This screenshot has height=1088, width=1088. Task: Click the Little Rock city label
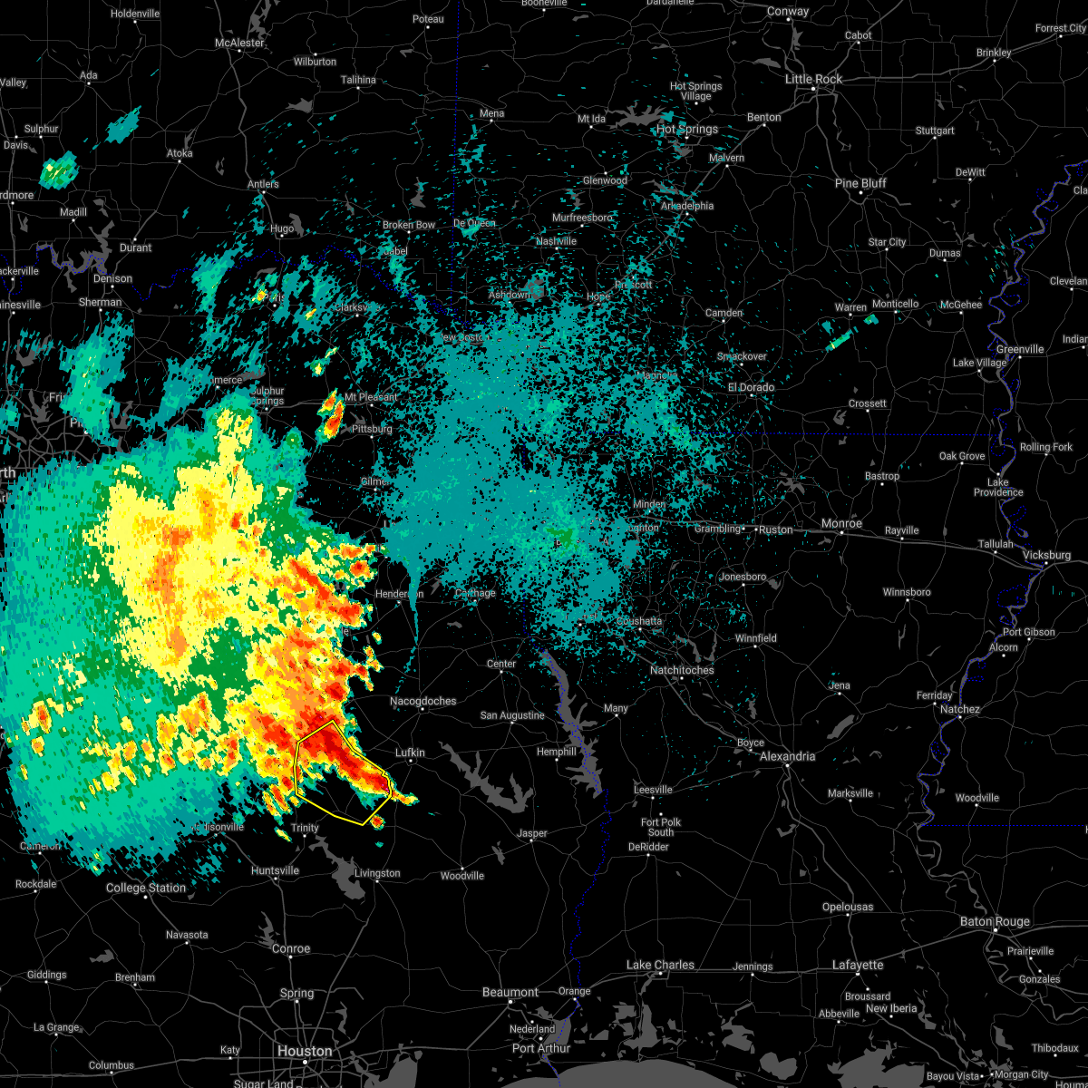pos(813,80)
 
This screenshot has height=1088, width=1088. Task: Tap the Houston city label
pos(305,1052)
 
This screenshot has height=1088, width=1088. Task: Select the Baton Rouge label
pos(995,922)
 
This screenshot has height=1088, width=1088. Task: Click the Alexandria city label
pos(787,757)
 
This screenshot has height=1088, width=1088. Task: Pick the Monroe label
pos(841,524)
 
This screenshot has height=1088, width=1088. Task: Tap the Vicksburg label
pos(1045,554)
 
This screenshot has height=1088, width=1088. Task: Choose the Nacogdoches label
pos(423,701)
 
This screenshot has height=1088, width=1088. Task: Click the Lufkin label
pos(410,753)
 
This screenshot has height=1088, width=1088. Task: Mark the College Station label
pos(146,889)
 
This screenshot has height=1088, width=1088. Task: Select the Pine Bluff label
pos(860,184)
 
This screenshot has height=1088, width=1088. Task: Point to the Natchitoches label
pos(682,671)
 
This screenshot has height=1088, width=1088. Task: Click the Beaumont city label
pos(510,993)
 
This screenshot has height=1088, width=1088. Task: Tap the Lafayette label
pos(858,966)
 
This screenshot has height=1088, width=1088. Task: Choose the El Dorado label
pos(751,388)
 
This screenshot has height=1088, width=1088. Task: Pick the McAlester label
pos(239,44)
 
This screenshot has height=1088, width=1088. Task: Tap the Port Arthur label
pos(541,1049)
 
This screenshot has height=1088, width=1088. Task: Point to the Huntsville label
pos(275,871)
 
